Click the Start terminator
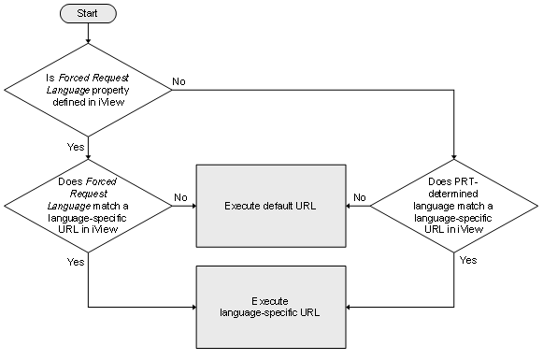(87, 15)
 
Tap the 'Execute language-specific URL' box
(270, 306)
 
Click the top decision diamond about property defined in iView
(87, 89)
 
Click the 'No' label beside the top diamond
(178, 81)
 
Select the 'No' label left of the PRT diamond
(359, 196)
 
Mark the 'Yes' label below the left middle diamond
(75, 263)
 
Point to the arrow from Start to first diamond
(87, 34)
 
